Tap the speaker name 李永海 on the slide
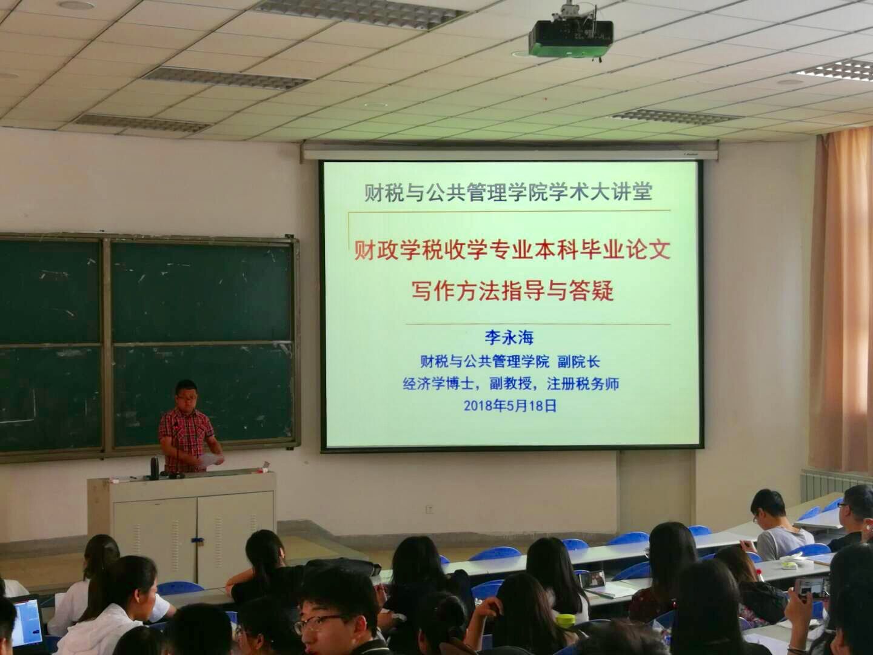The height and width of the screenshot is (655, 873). pos(509,338)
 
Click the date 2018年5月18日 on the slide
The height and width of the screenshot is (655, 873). pos(510,406)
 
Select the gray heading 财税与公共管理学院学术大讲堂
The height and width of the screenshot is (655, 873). pos(509,193)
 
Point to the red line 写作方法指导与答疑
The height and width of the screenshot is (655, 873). pos(513,291)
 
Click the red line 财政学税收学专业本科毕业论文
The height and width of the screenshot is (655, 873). pos(512,250)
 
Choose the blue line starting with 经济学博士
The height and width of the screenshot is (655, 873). pos(510,384)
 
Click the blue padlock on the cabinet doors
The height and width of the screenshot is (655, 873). pos(196,540)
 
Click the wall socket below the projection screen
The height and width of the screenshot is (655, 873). pos(429,509)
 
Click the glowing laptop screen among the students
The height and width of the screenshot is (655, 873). pos(27,622)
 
